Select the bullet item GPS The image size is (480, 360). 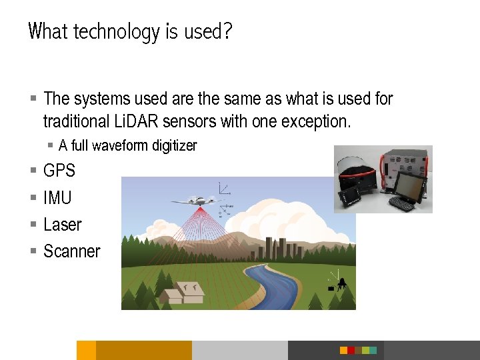point(59,171)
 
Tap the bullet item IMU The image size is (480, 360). point(57,198)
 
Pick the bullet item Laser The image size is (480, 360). point(62,225)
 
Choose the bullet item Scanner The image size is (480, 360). point(71,251)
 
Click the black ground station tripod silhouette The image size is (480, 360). point(342,283)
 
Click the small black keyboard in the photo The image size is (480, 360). point(405,201)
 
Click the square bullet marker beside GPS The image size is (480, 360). point(33,171)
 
